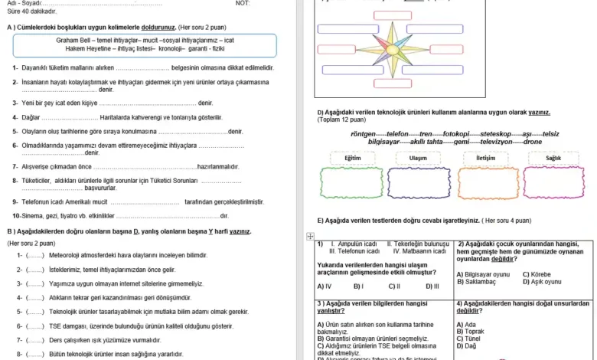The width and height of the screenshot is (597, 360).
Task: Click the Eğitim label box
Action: [x=353, y=158]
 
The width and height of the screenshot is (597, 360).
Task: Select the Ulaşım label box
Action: [x=418, y=158]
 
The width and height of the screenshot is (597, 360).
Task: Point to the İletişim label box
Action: [x=486, y=158]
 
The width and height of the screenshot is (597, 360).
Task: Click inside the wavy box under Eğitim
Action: [x=351, y=183]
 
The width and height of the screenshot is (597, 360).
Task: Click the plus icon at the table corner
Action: [x=310, y=237]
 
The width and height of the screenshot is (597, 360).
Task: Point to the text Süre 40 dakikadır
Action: [x=31, y=12]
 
